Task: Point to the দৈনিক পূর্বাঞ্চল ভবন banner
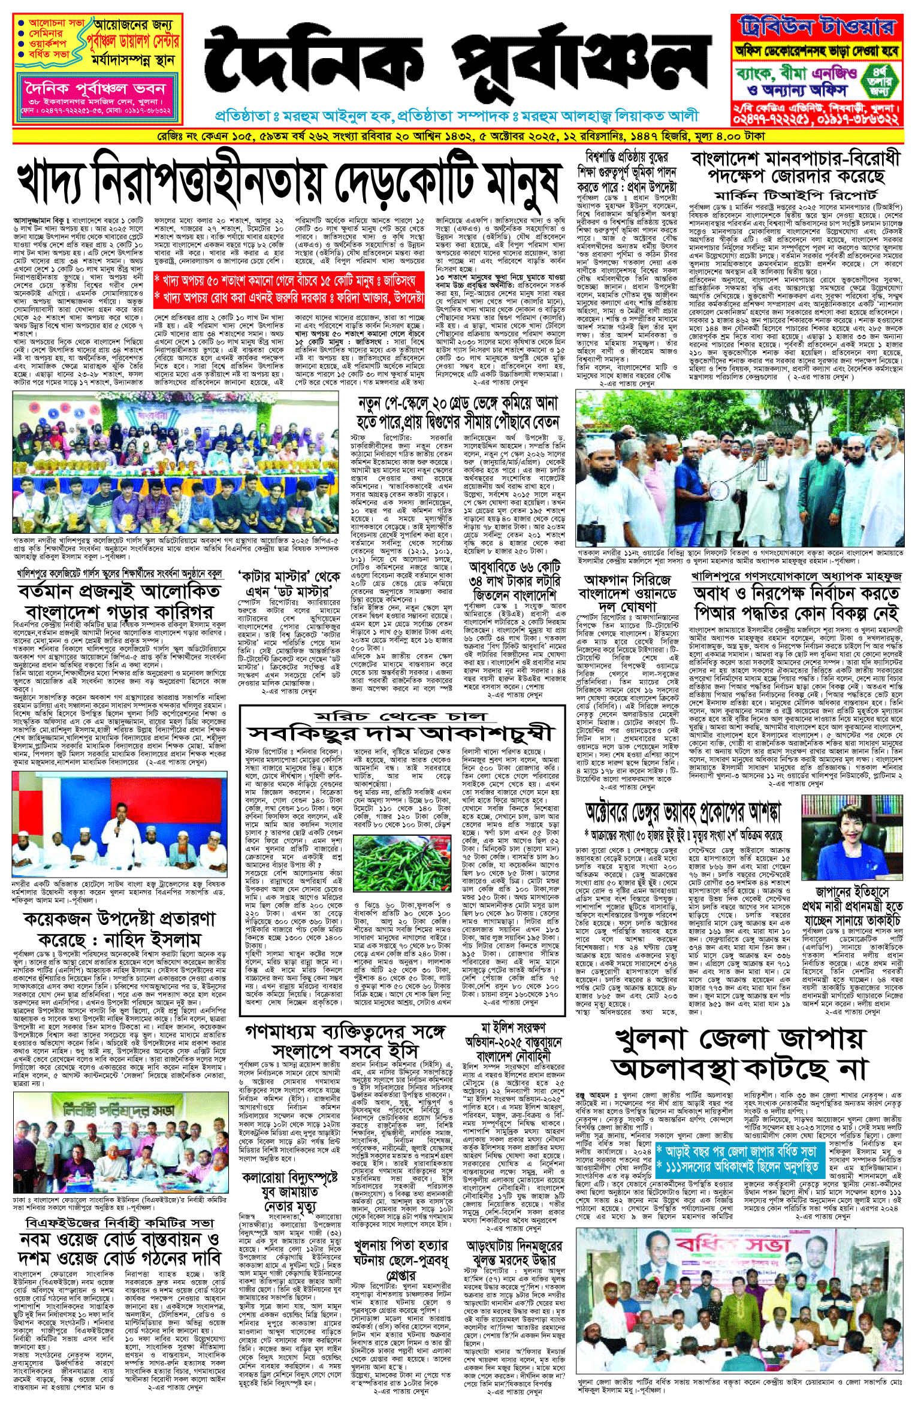95,89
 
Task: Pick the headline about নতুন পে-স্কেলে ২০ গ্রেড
458,412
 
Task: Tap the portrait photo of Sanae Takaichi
851,837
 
